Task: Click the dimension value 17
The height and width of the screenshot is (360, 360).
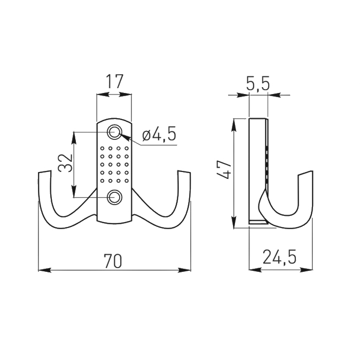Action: (115, 82)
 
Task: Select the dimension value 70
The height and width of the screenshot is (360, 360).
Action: (113, 261)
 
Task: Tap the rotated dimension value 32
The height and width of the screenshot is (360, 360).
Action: (65, 163)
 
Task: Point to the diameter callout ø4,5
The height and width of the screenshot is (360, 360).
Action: (159, 134)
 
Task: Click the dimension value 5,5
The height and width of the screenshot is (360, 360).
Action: (257, 83)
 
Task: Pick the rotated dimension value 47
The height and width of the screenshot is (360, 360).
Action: (223, 169)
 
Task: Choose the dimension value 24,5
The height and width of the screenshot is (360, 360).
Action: (279, 257)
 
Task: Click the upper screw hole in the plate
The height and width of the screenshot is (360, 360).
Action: (114, 132)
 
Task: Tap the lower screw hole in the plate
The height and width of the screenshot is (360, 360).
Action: (114, 197)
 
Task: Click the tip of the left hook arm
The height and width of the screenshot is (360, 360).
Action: (44, 172)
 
